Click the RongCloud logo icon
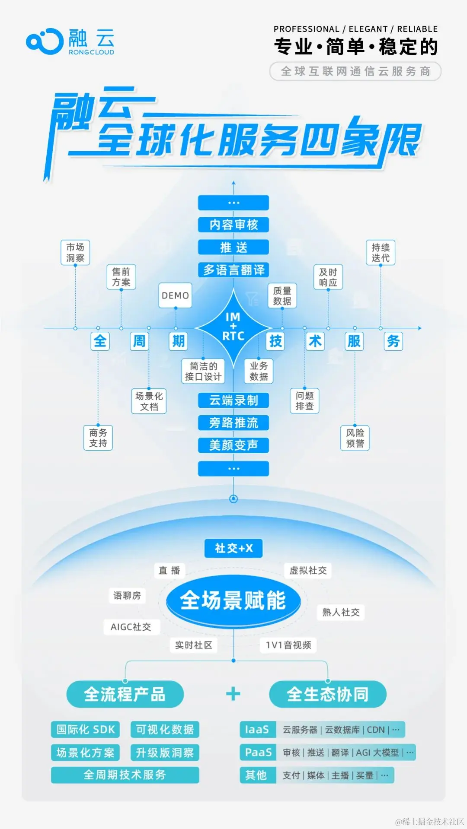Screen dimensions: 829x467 coord(45,41)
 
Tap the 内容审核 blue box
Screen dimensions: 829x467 coord(233,225)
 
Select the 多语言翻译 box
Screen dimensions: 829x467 coord(233,270)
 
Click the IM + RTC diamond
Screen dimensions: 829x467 coord(233,327)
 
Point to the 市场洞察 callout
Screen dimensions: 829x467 coord(75,252)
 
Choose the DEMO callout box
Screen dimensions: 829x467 coord(175,295)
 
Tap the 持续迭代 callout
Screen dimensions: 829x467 coord(381,252)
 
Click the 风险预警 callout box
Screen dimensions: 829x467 coord(355,438)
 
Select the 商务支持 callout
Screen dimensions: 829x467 coord(98,438)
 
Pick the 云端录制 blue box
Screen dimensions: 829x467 coord(233,400)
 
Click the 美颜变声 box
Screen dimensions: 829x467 coord(233,445)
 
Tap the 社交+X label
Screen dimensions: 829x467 coord(233,548)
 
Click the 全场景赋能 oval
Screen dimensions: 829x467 coord(233,600)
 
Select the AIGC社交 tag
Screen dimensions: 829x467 coord(131,627)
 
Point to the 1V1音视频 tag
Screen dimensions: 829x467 coord(288,645)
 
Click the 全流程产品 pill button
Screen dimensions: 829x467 coord(125,694)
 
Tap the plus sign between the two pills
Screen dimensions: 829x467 coord(233,694)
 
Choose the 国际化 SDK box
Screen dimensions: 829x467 coord(86,730)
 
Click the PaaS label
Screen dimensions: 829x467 coord(258,752)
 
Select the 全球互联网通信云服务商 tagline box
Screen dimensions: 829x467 coord(355,71)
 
